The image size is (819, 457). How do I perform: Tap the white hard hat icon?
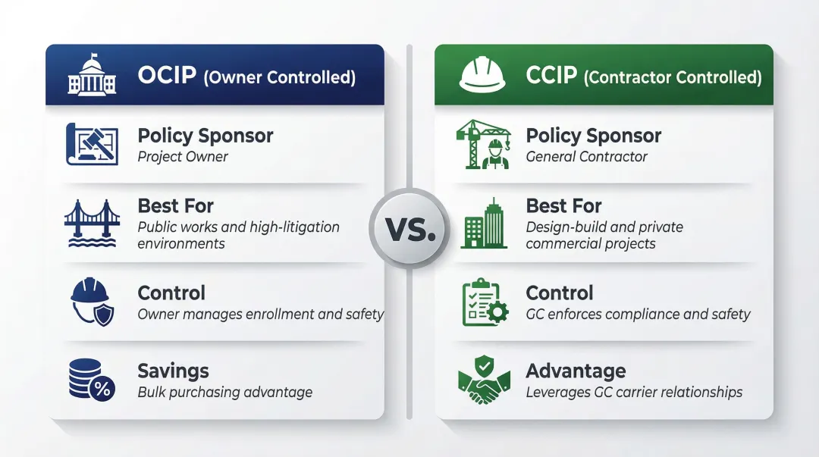click(482, 75)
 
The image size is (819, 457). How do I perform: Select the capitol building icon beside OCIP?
click(91, 75)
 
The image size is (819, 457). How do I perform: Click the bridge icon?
click(91, 222)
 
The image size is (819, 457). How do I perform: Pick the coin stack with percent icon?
click(91, 380)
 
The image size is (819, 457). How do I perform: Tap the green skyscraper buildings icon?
click(484, 224)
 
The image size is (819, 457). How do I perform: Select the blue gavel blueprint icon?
click(91, 145)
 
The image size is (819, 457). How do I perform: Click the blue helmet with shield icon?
click(91, 302)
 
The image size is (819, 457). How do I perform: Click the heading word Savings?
click(173, 371)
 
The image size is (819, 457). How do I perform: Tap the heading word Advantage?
click(576, 371)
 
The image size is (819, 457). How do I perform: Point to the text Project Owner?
click(183, 157)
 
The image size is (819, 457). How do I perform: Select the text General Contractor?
click(586, 157)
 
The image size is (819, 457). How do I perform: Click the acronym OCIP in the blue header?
click(167, 76)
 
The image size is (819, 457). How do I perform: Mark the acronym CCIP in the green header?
click(551, 76)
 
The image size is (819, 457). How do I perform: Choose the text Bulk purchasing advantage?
click(224, 392)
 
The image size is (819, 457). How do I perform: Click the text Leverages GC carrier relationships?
click(634, 392)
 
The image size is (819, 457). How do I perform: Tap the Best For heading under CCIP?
click(563, 205)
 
